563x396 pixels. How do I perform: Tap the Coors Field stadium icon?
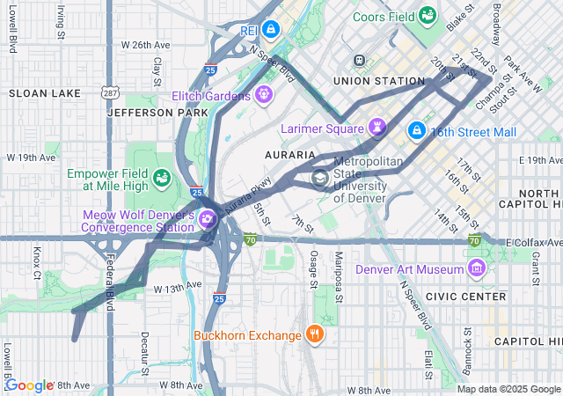pos(428,15)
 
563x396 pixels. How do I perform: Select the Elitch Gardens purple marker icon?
pos(263,94)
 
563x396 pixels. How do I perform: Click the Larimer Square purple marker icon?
pos(377,128)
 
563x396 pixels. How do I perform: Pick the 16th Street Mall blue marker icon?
pos(416,131)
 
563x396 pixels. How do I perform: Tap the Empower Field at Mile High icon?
pos(162,179)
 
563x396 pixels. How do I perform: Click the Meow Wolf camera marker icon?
pos(208,219)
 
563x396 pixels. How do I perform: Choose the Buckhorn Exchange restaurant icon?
pos(314,334)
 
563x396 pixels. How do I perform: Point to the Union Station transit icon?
pos(359,60)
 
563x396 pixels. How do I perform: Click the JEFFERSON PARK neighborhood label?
pos(145,113)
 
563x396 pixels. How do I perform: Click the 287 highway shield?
pos(109,92)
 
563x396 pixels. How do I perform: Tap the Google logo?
pos(29,385)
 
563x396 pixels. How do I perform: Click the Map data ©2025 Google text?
pos(507,389)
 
